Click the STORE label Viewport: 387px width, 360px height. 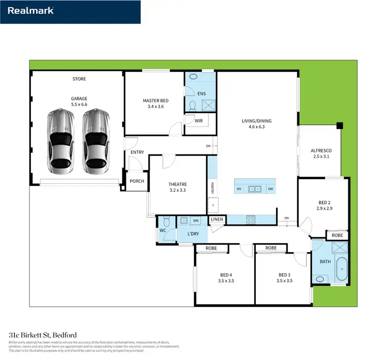(x=79, y=79)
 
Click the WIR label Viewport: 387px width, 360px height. (x=198, y=120)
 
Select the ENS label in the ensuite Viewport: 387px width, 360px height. (x=202, y=93)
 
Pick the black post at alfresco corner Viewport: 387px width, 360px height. (x=339, y=125)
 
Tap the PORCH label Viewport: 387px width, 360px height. (x=137, y=181)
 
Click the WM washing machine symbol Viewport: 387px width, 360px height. (x=196, y=221)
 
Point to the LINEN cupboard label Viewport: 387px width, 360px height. (x=217, y=220)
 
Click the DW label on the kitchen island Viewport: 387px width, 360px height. (x=270, y=189)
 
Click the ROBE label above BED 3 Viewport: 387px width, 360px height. (x=271, y=248)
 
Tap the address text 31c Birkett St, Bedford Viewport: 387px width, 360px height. (x=43, y=335)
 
